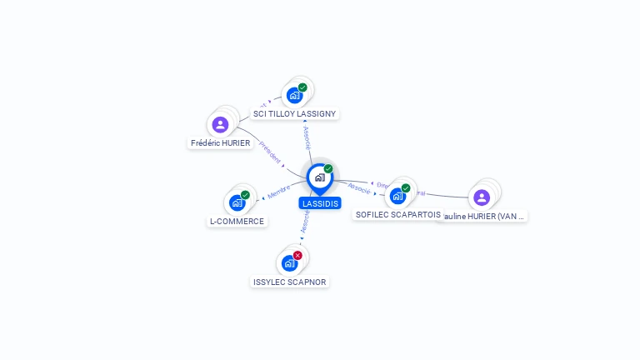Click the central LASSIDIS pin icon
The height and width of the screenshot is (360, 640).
(x=319, y=177)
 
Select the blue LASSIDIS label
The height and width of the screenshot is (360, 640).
(x=320, y=203)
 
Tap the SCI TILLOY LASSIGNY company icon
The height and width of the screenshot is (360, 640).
(x=294, y=95)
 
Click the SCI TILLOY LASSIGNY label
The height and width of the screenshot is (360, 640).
(x=296, y=113)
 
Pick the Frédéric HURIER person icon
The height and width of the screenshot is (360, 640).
(x=220, y=125)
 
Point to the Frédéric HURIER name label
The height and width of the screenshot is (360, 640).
(x=220, y=143)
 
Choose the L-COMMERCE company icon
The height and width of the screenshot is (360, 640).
(x=237, y=202)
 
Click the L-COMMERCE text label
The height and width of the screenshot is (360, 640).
(x=237, y=222)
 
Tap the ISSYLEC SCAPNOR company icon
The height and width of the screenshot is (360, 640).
(x=289, y=263)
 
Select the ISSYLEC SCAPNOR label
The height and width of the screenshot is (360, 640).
(x=290, y=282)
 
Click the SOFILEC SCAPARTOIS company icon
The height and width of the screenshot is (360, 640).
(x=397, y=196)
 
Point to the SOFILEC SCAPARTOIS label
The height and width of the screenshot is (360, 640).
(x=398, y=215)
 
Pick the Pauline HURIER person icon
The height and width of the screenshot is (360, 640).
(x=481, y=197)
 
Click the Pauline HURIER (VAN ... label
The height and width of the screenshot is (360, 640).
(x=483, y=217)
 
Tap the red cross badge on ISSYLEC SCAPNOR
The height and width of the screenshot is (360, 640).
(x=297, y=255)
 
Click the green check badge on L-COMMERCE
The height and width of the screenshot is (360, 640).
(x=245, y=195)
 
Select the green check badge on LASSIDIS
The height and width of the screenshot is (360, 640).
(x=328, y=169)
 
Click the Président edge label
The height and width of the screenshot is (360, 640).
(x=271, y=153)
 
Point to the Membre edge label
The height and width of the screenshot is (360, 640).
(x=279, y=191)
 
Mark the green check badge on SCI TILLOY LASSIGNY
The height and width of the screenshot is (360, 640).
(x=302, y=87)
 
